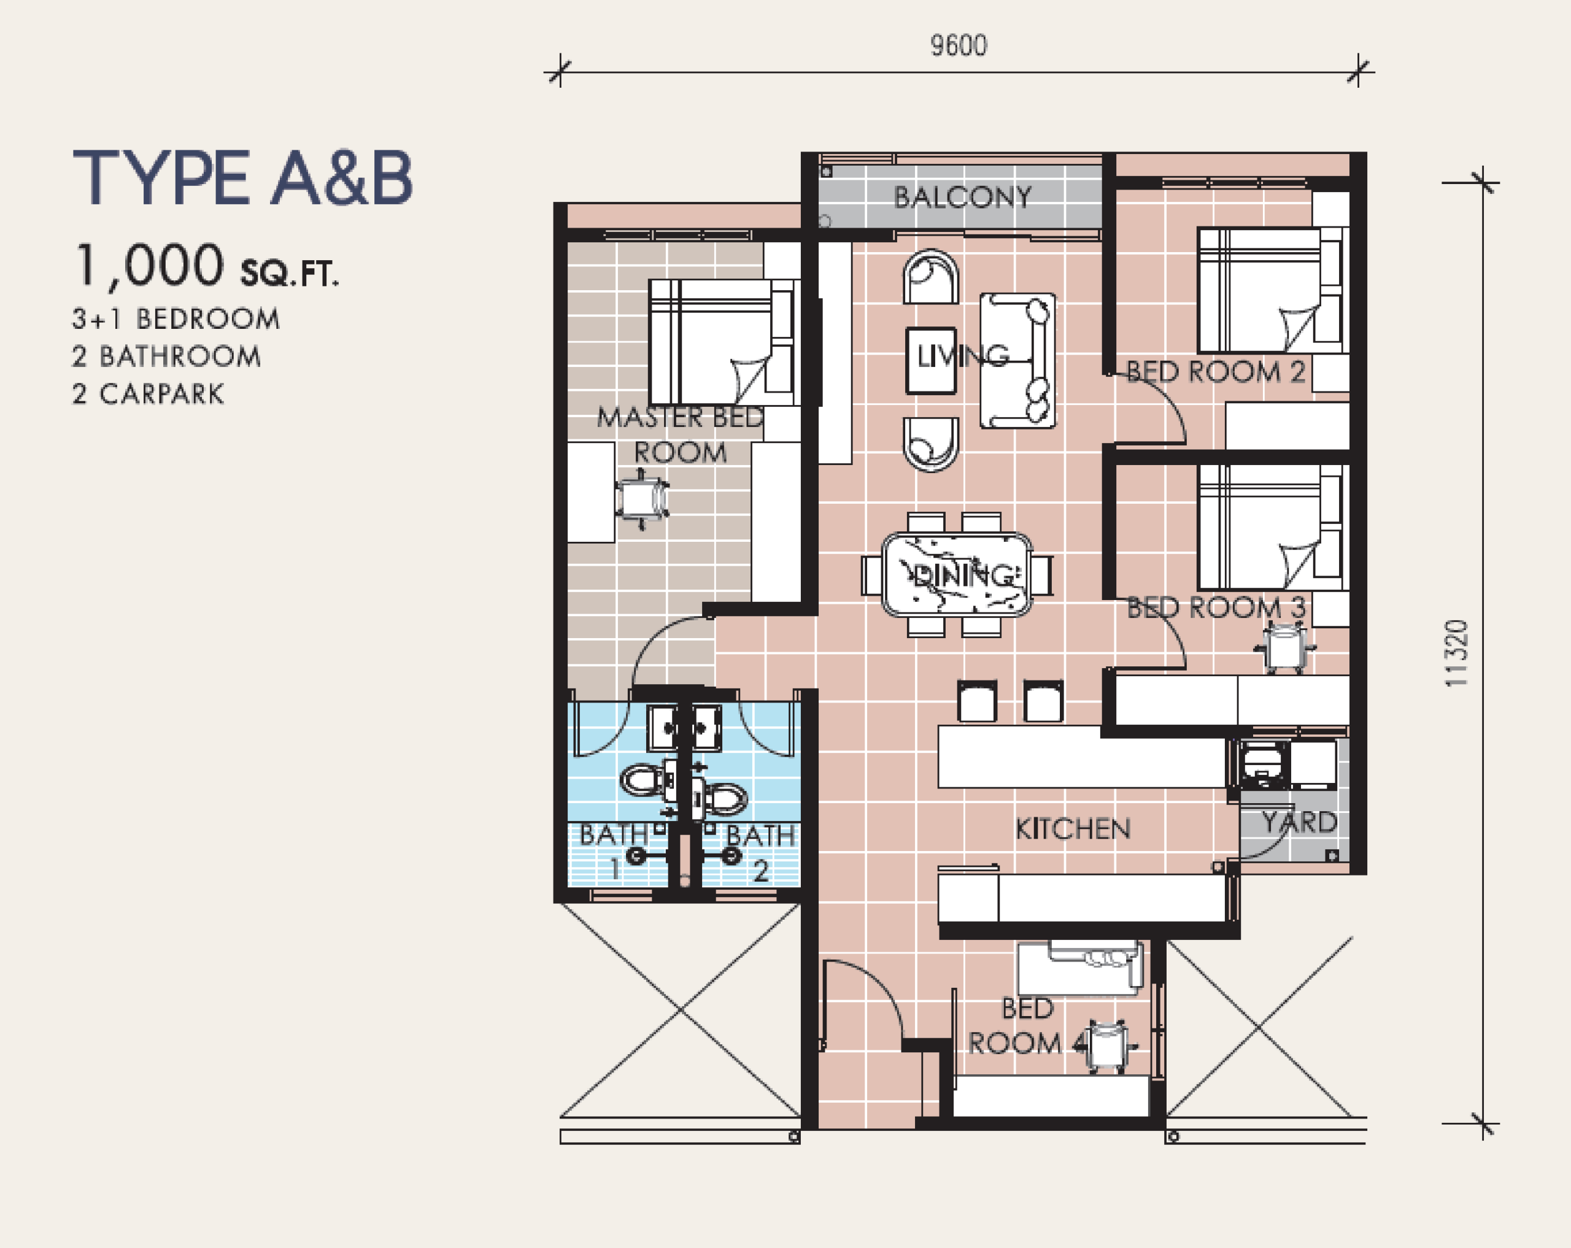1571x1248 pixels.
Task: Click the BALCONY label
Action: coord(963,197)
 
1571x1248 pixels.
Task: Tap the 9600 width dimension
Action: coord(959,46)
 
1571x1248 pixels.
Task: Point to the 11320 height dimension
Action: coord(1456,653)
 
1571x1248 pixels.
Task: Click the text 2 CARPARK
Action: coord(148,394)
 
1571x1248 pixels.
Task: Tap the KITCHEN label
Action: coord(1073,828)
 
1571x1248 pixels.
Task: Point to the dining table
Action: coord(957,575)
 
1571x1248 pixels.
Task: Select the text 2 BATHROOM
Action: coord(166,356)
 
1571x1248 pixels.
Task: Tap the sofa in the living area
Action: coord(1017,361)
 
